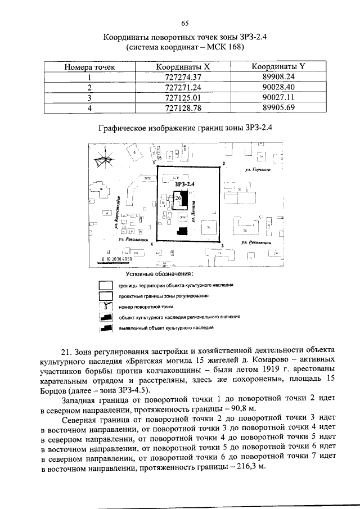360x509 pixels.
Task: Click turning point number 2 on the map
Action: (223, 163)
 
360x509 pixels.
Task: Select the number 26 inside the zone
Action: (177, 199)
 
